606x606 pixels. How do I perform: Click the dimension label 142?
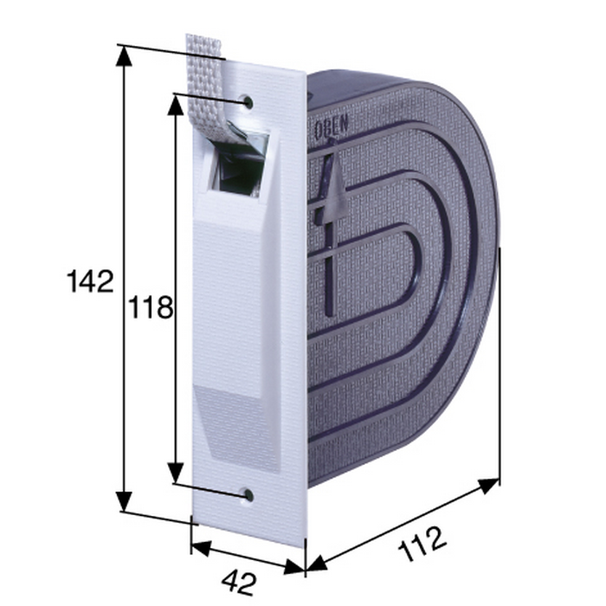90,281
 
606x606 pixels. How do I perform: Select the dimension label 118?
151,307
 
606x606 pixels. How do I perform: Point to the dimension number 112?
422,544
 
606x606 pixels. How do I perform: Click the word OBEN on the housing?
332,126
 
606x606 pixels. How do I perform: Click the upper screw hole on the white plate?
248,102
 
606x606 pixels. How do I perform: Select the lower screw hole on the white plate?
248,494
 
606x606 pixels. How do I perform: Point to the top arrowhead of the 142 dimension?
125,56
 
